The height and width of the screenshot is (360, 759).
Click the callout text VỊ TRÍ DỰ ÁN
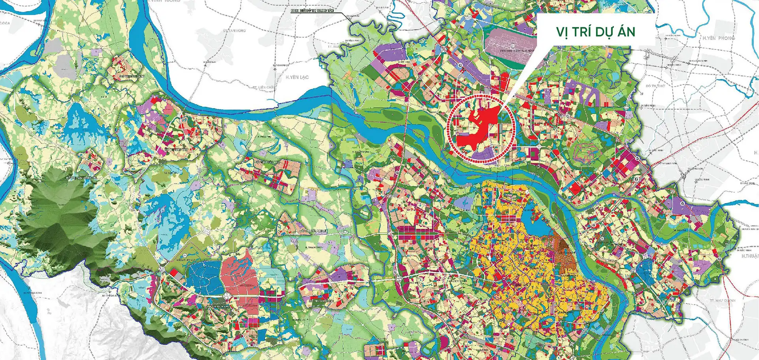point(595,32)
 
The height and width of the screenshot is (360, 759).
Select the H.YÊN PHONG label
point(719,38)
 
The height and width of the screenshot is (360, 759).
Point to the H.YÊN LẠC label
point(297,77)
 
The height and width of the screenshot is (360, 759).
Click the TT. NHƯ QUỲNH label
point(722,301)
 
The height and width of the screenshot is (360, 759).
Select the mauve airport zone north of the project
point(510,43)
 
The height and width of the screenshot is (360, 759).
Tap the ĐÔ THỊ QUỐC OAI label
point(321,301)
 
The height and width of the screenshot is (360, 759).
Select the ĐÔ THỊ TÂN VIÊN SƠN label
point(81,178)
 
